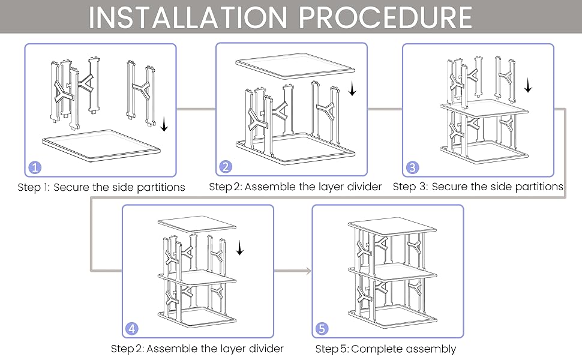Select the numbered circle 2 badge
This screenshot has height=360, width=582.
[x=226, y=167]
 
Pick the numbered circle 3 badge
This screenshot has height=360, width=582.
[x=413, y=167]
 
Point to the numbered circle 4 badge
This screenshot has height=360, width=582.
[x=133, y=328]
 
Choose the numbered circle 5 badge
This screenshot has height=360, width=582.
[x=323, y=329]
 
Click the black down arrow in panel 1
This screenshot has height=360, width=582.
[x=164, y=125]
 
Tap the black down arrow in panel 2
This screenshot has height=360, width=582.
[x=353, y=89]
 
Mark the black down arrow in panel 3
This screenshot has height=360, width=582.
[x=528, y=86]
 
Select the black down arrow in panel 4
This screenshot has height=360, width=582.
[x=240, y=248]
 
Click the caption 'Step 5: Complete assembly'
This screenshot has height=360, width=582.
[x=386, y=349]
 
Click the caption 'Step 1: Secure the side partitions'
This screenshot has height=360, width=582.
[x=101, y=187]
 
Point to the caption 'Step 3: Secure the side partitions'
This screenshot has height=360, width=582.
[x=478, y=187]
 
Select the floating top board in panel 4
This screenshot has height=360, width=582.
[x=197, y=225]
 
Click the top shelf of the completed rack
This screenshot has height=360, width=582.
[x=392, y=227]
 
